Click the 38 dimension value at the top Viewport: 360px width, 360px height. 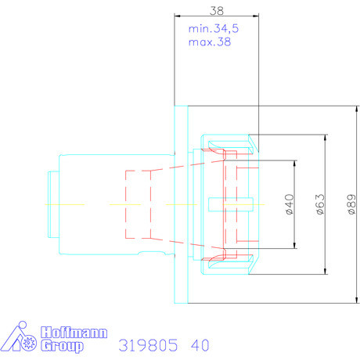point(217,11)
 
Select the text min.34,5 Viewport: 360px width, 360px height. point(214,29)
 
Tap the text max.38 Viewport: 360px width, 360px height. point(210,41)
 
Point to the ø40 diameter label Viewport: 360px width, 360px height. point(290,204)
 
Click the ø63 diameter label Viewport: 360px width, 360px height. point(320,204)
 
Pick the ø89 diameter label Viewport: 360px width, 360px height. point(351,204)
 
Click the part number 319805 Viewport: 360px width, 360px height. point(148,345)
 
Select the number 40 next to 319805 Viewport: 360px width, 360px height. point(200,345)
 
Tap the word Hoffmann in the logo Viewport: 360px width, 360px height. point(74,333)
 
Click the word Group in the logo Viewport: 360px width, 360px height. point(62,346)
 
